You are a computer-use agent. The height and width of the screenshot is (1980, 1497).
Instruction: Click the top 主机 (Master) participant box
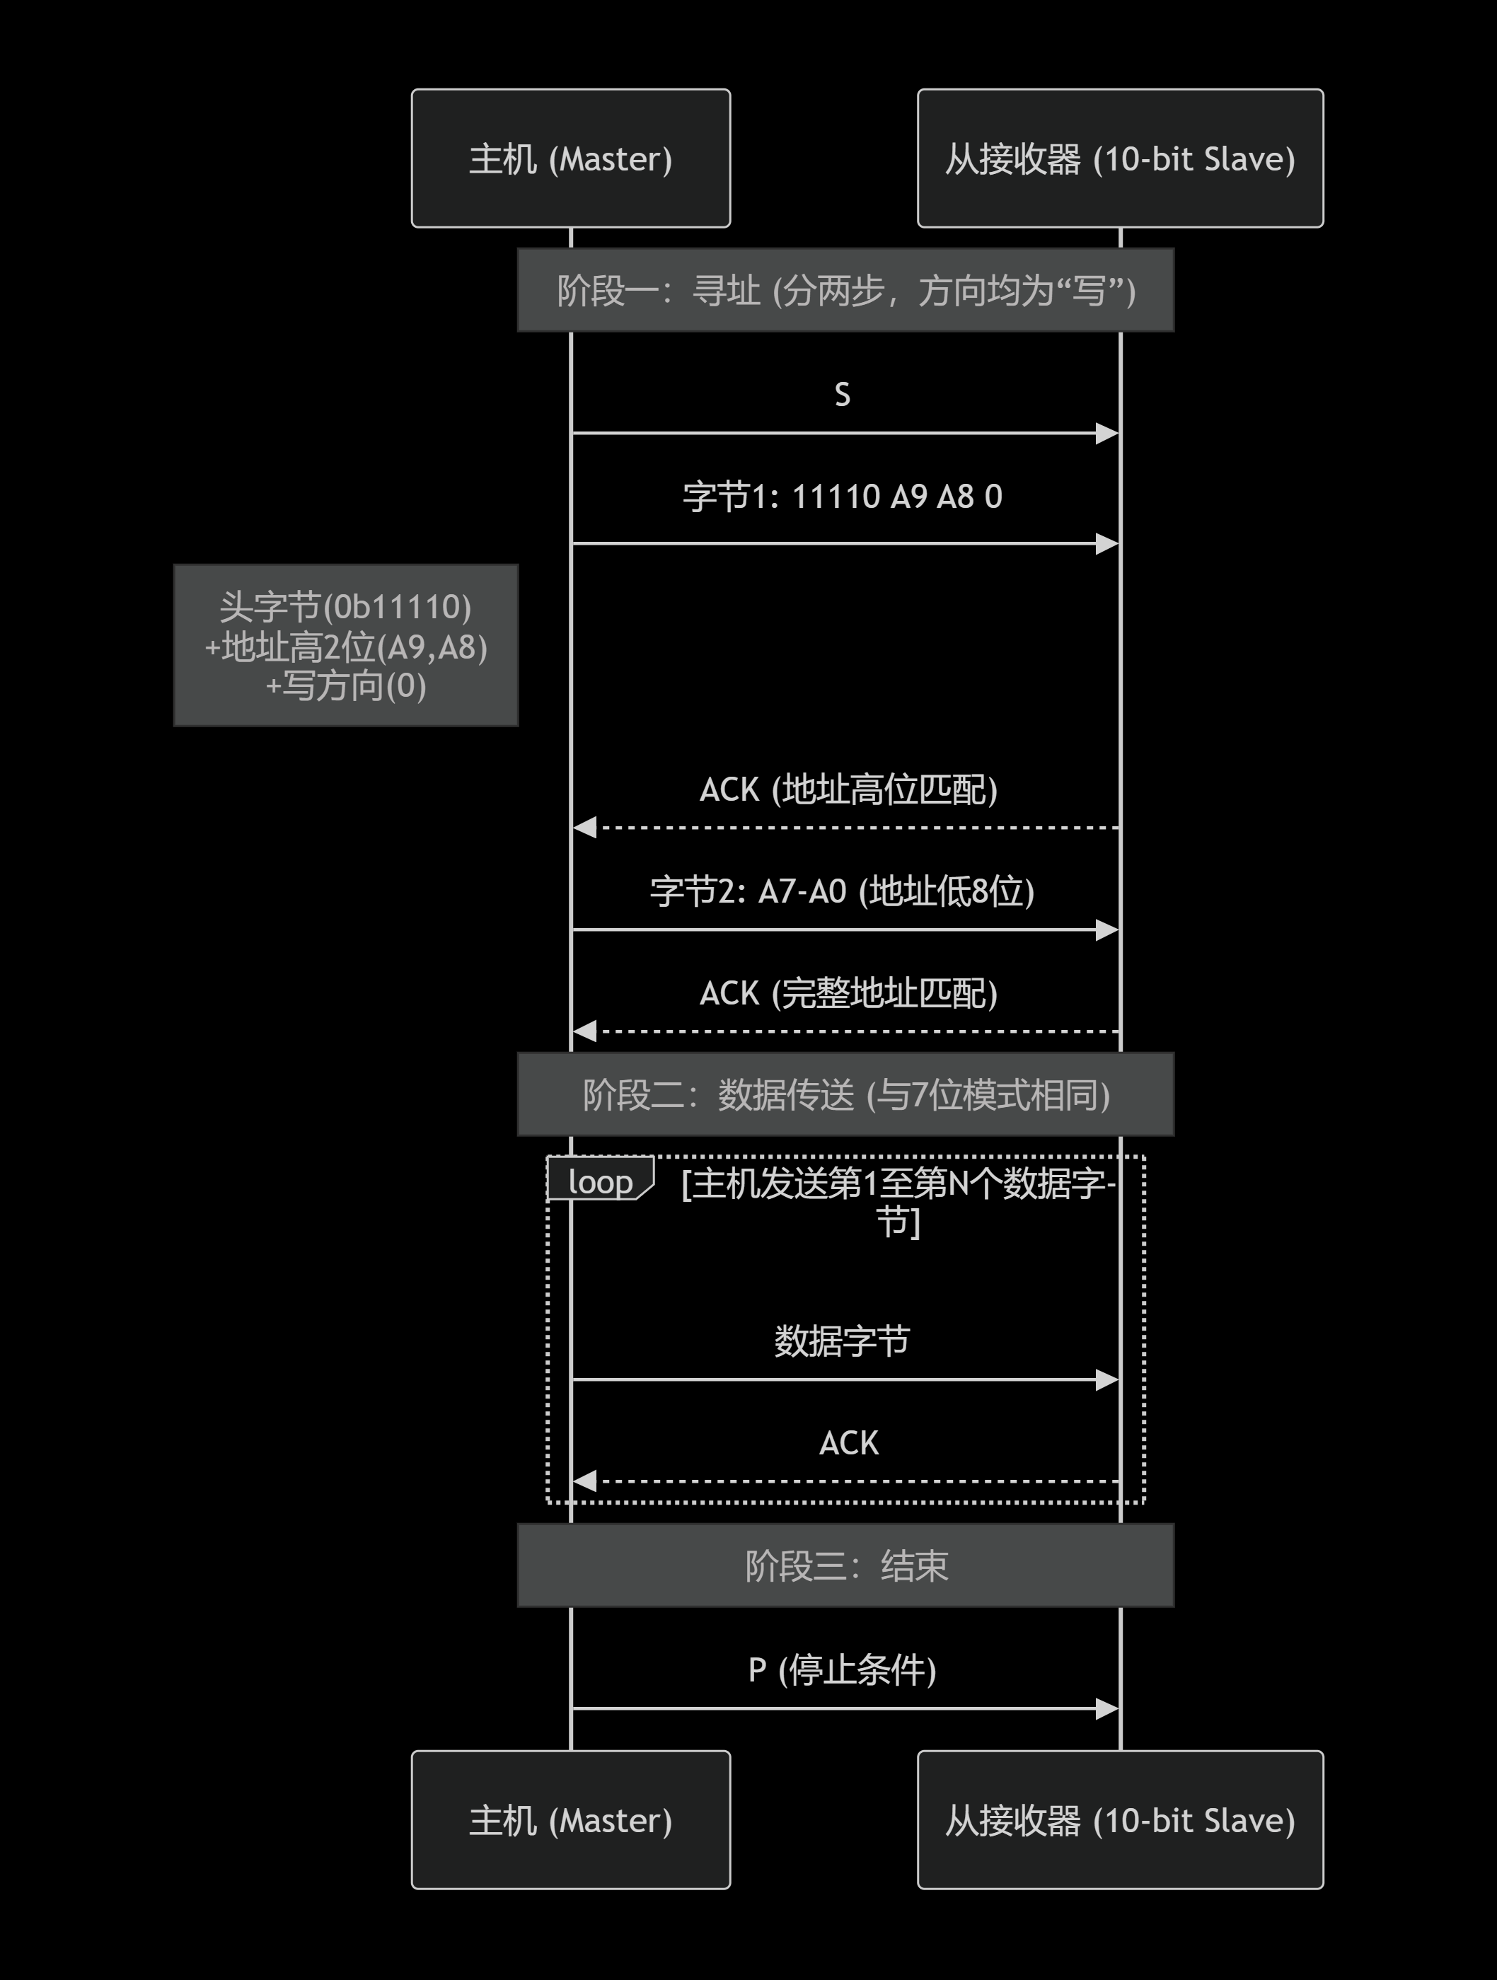(570, 158)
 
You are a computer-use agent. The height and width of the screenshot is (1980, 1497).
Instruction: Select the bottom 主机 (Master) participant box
(570, 1819)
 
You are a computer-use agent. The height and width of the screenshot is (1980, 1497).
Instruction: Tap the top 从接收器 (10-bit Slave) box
(1120, 158)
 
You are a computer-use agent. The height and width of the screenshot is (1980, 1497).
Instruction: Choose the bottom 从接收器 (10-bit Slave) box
(1120, 1819)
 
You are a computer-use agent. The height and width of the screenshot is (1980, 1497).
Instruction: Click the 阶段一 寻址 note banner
(845, 290)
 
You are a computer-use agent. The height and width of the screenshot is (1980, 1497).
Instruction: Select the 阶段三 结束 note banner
(845, 1565)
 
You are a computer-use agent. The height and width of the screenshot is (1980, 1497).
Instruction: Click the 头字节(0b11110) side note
(346, 645)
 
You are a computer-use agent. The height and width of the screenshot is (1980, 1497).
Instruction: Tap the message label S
(843, 395)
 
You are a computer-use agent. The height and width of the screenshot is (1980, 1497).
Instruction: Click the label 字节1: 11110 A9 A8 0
(843, 496)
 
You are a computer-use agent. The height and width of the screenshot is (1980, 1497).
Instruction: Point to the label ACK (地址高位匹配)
(848, 789)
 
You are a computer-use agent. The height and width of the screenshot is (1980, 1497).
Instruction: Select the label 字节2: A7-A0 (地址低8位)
(843, 891)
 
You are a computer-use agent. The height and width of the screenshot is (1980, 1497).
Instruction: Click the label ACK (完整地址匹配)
(848, 992)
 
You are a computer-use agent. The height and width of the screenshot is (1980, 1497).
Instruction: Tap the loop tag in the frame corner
(600, 1181)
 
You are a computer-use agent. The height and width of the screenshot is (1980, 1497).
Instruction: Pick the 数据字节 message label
(843, 1341)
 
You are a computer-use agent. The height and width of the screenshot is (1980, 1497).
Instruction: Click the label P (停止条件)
(843, 1670)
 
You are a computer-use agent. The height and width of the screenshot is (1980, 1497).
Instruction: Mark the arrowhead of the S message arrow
(1109, 433)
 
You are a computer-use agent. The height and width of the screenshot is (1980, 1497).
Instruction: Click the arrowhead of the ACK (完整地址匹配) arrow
(584, 1031)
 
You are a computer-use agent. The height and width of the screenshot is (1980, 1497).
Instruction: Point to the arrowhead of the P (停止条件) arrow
(1109, 1709)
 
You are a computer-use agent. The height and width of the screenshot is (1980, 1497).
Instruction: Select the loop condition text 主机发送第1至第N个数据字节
(898, 1201)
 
